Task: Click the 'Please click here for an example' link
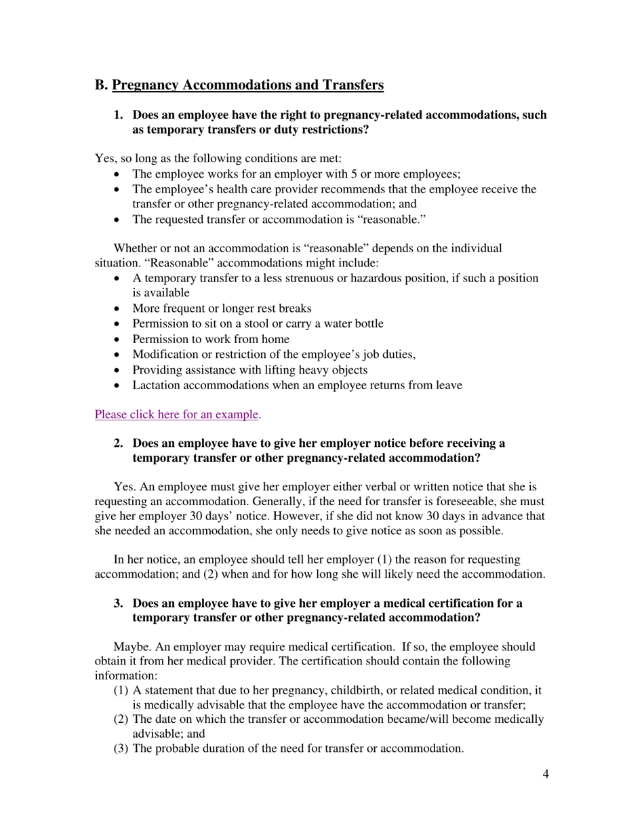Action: [x=176, y=414]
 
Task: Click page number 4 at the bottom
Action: [x=546, y=774]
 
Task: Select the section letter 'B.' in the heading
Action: [x=102, y=85]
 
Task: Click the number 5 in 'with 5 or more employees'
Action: [x=354, y=174]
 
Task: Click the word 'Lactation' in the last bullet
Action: [x=156, y=385]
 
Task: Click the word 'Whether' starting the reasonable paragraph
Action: [x=134, y=248]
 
